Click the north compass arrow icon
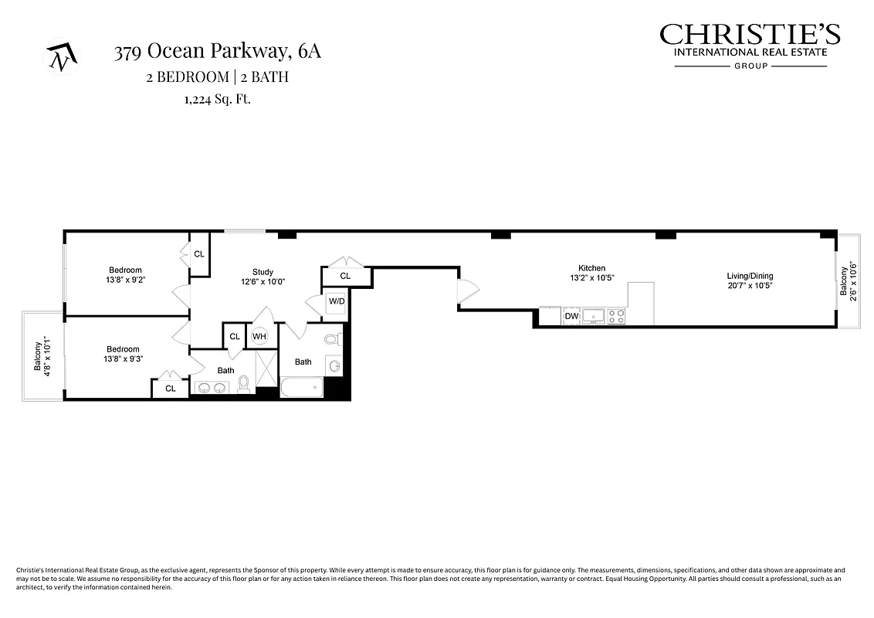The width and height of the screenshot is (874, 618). coord(59,57)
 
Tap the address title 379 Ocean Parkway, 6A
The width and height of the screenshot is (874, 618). coord(217,53)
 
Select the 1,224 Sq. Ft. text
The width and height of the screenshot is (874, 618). coord(217,99)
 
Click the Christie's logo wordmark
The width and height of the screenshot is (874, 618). coord(750,35)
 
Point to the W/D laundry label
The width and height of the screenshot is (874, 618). coord(336,301)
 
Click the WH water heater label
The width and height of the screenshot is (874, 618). coord(259,337)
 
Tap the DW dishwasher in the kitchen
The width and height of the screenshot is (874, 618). coord(571,316)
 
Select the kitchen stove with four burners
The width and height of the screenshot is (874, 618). coord(615,316)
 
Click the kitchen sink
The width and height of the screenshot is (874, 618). coord(594,316)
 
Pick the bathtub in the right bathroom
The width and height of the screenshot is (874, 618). coord(302,387)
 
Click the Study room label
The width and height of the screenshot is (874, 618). coord(263,272)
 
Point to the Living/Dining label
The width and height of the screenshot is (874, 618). coord(750,276)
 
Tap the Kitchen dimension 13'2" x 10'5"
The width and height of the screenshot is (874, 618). coord(592,278)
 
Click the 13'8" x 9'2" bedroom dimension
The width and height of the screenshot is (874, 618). coord(126,280)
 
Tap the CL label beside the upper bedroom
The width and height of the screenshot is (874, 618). coord(198,254)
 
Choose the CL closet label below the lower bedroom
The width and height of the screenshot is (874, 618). coord(171,389)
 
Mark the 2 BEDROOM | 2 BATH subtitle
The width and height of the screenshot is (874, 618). coord(217,76)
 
